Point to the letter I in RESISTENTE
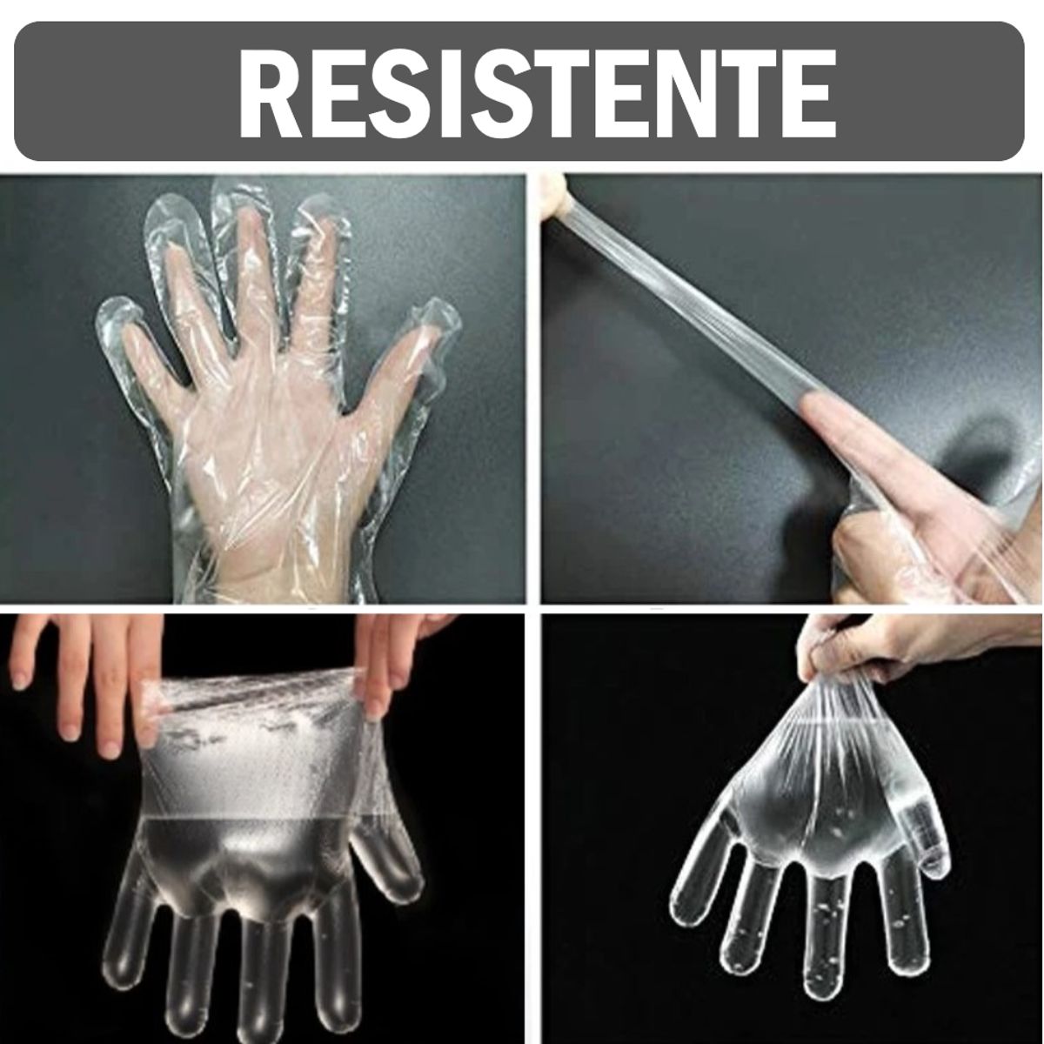pyautogui.click(x=409, y=92)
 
